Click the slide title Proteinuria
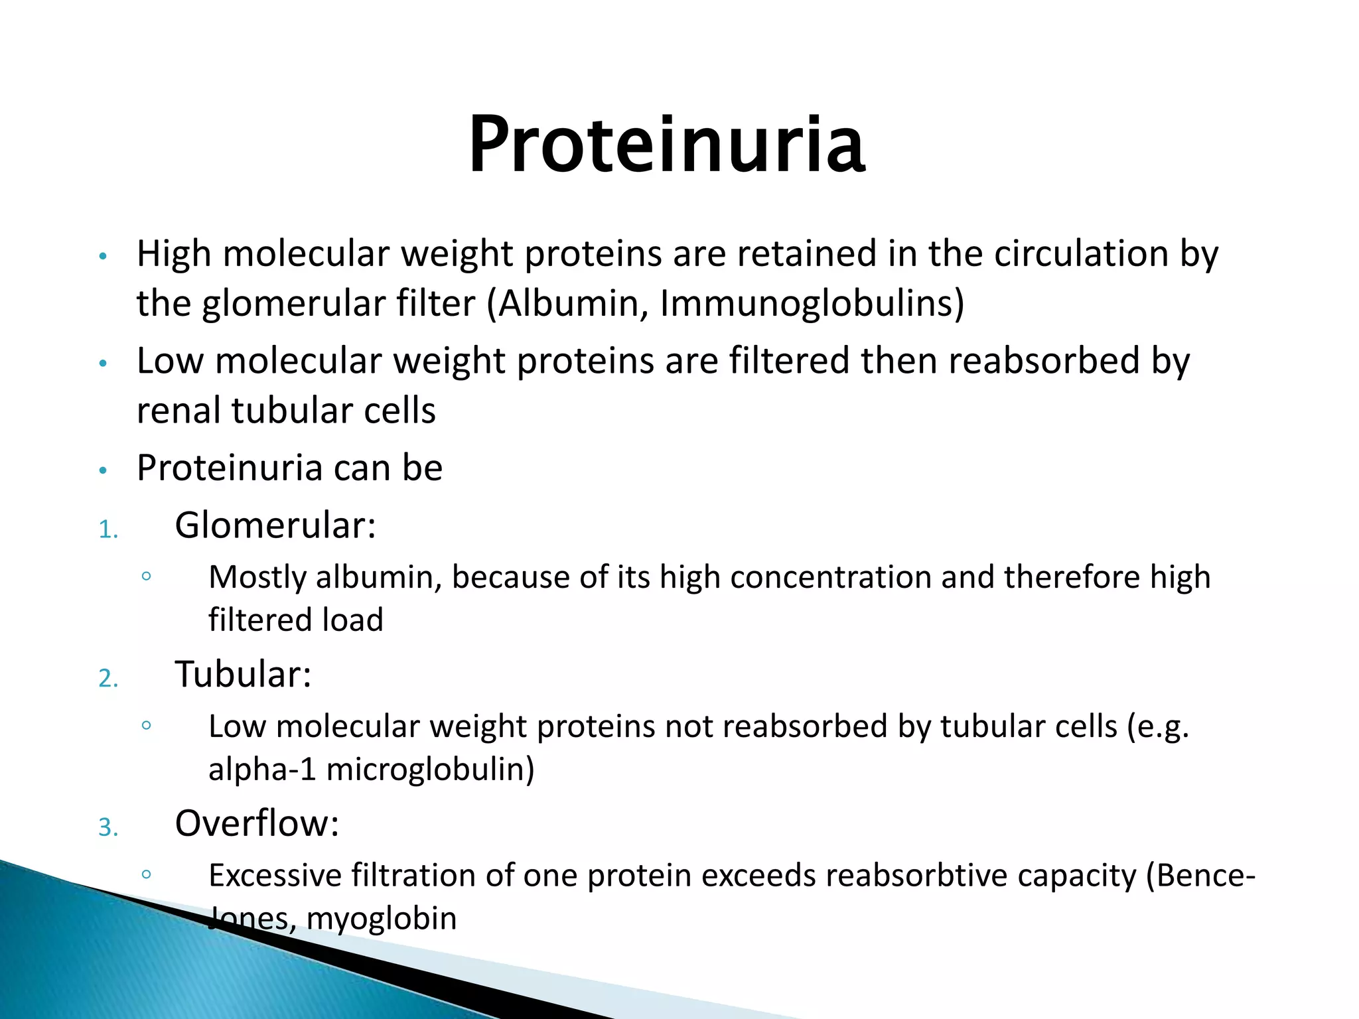(666, 145)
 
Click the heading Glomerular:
(275, 525)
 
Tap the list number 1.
(108, 530)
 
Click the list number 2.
(108, 679)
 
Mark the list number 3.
(108, 828)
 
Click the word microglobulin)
(430, 770)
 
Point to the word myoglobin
(382, 919)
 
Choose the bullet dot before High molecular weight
(102, 257)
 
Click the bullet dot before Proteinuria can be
(102, 471)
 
